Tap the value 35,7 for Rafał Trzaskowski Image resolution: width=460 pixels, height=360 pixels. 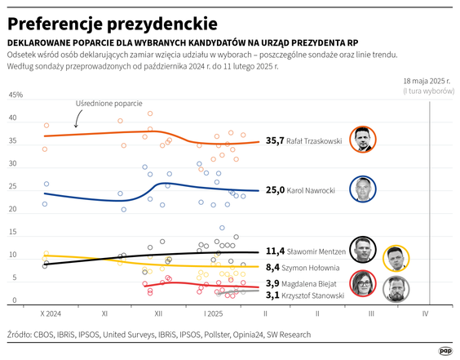pyautogui.click(x=275, y=141)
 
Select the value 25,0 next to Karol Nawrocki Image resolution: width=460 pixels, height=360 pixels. pyautogui.click(x=275, y=190)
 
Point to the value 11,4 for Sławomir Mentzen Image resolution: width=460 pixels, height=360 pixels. pyautogui.click(x=275, y=252)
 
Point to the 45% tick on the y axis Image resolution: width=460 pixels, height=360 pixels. pyautogui.click(x=15, y=96)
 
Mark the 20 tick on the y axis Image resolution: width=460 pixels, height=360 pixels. pyautogui.click(x=12, y=210)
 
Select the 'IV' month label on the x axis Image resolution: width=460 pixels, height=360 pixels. pyautogui.click(x=425, y=313)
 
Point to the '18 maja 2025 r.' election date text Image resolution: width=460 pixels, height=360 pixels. pyautogui.click(x=427, y=82)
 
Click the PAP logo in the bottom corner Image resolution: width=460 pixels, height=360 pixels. pyautogui.click(x=446, y=350)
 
